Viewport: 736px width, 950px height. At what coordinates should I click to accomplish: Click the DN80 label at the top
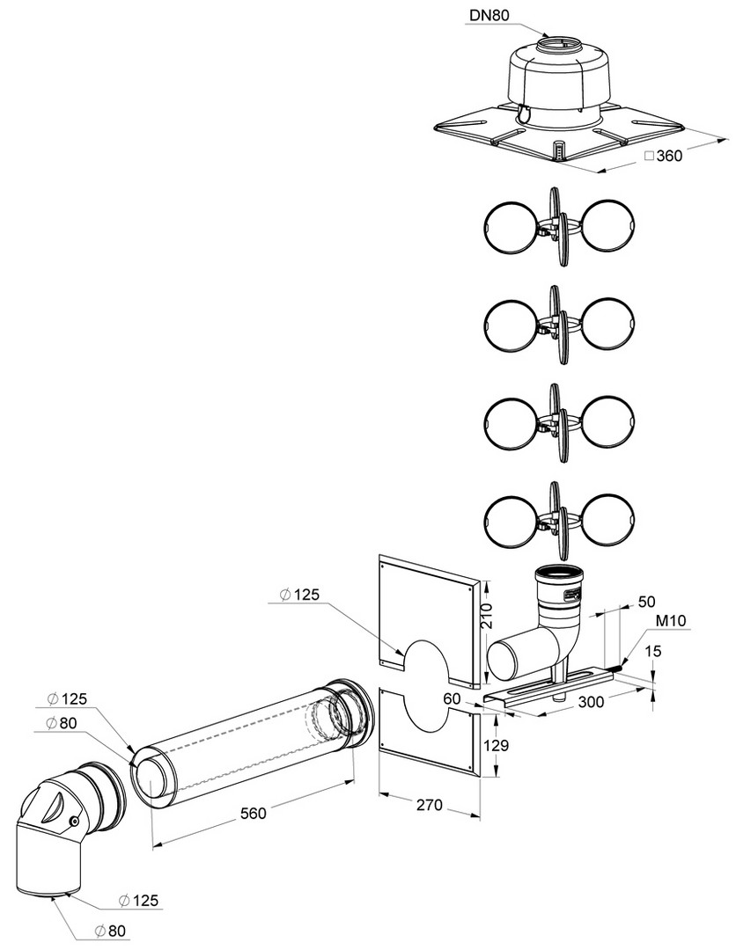pos(489,15)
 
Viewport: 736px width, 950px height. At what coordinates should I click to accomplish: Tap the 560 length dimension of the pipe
pos(253,813)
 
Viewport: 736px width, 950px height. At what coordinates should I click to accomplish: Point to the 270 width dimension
pos(430,805)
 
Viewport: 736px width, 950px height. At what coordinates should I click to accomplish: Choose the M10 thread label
pos(671,620)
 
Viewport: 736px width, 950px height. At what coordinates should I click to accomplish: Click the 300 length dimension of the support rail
pos(591,701)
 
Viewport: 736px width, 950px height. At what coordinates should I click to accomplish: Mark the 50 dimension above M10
pos(647,602)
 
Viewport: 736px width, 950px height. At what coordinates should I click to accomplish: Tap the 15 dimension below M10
pos(653,651)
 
